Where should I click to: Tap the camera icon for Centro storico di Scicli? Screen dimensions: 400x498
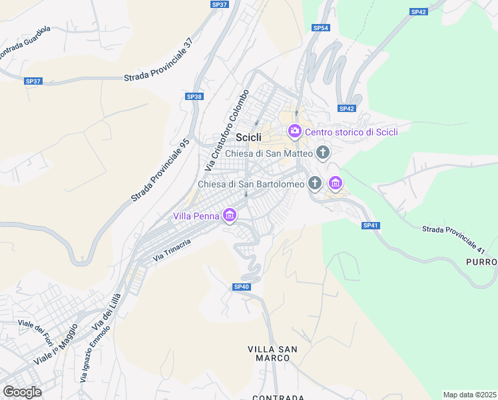pos(295,132)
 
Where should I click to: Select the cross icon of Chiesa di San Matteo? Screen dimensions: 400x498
pos(323,153)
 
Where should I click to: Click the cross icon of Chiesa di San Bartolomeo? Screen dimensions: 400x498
pos(315,183)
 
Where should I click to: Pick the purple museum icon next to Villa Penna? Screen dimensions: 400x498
pos(230,215)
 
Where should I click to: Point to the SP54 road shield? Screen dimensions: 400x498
pos(321,28)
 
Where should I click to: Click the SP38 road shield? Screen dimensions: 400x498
pos(194,97)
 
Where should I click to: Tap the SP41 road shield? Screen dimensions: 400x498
pos(371,225)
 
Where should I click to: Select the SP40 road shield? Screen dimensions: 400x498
pos(241,287)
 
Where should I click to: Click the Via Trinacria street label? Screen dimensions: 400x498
pos(172,249)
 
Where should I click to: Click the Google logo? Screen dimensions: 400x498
pos(22,392)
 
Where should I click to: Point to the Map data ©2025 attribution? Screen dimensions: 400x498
pos(469,395)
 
